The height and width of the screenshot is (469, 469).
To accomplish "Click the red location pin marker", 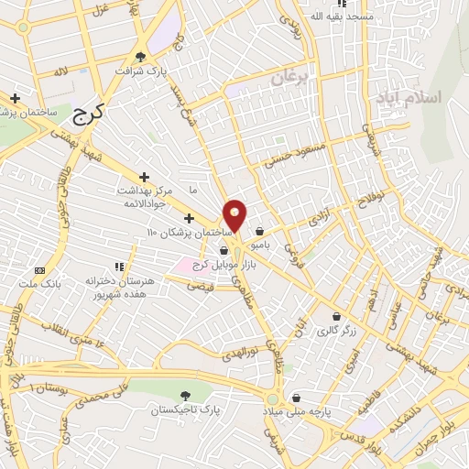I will (x=235, y=215).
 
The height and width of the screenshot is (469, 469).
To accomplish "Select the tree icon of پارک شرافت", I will (x=140, y=56).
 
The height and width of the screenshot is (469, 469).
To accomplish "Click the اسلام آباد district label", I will (x=414, y=97).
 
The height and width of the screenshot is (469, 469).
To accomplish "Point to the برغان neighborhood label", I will (x=291, y=80).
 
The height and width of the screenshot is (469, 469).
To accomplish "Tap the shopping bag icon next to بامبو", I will (x=262, y=231).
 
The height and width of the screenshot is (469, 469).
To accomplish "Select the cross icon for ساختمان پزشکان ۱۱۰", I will (x=189, y=218).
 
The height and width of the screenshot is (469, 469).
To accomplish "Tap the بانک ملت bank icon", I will (x=39, y=270).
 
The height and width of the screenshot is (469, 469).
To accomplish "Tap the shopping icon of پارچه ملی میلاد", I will (x=298, y=398).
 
